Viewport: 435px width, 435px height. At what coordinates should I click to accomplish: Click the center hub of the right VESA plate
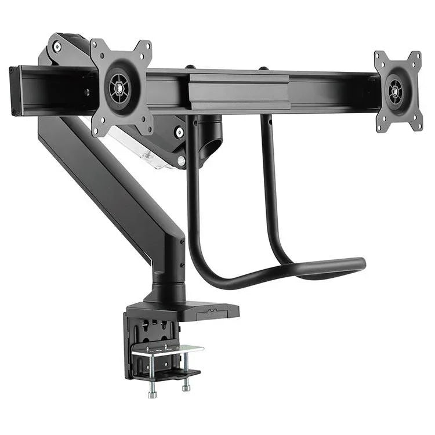click(397, 91)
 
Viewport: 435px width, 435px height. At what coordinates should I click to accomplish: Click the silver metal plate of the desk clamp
click(168, 350)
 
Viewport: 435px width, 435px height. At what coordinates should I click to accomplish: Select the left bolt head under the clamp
click(153, 394)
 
